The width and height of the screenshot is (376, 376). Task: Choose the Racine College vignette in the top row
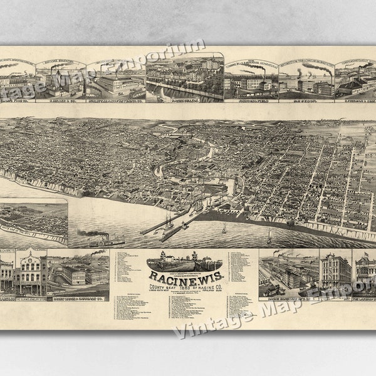tap(184, 78)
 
